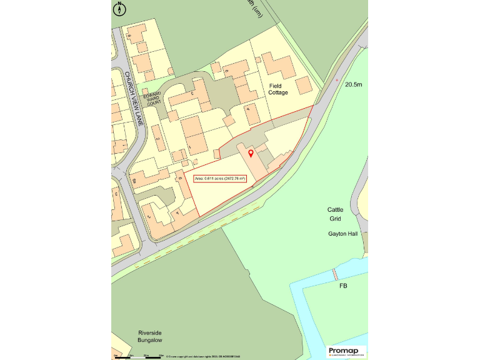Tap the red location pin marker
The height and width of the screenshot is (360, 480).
click(251, 153)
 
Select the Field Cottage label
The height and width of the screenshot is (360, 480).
click(279, 89)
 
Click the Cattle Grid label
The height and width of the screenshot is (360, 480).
click(336, 214)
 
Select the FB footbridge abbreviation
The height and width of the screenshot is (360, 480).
click(343, 286)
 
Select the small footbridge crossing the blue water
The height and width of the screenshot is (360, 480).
click(335, 274)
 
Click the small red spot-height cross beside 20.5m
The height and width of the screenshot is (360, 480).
click(336, 80)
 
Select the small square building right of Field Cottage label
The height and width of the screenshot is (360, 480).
click(304, 85)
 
